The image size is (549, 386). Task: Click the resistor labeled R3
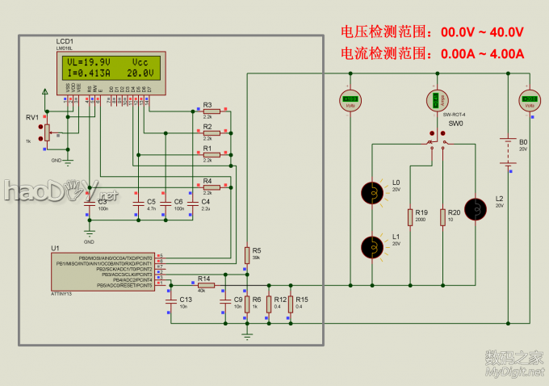(211, 111)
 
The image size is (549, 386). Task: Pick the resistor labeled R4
(211, 187)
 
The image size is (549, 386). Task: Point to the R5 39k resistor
(247, 254)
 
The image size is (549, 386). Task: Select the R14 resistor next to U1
(206, 284)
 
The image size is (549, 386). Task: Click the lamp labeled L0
(373, 192)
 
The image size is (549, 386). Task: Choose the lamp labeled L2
(477, 209)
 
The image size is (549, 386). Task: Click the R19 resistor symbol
(409, 217)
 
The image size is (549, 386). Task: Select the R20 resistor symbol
(442, 217)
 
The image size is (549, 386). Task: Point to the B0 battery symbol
(507, 151)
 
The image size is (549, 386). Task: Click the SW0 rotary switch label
(455, 124)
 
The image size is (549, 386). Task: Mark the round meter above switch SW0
(436, 100)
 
